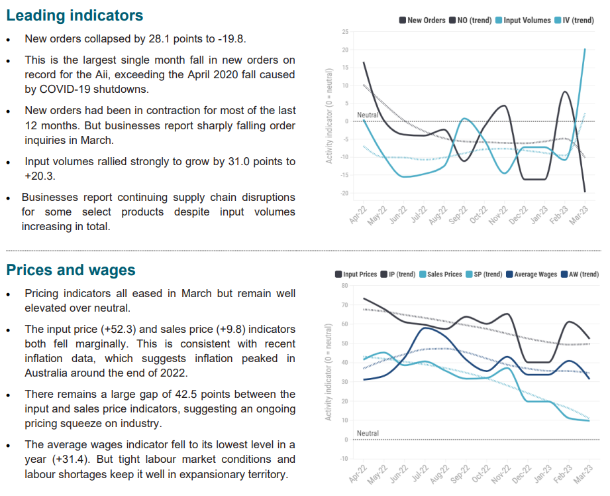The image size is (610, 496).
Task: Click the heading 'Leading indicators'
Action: coord(74,15)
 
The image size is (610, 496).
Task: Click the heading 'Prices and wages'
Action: coord(71,270)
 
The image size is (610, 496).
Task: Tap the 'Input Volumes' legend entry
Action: coord(527,20)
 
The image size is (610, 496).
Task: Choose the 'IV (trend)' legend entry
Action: coord(578,20)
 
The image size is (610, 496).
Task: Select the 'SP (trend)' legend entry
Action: coord(483,275)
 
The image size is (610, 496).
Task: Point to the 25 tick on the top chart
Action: coord(346,32)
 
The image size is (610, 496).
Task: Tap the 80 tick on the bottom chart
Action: coord(345,286)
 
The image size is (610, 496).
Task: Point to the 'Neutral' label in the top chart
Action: coord(368,115)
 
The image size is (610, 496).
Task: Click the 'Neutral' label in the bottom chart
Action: coord(368,434)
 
